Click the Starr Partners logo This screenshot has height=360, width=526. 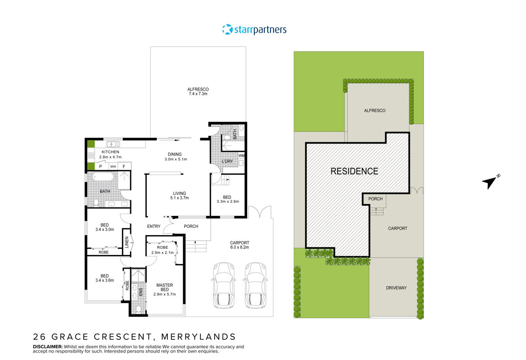click(254, 30)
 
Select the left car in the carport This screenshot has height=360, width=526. click(224, 285)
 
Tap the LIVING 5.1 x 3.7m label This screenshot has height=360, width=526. click(179, 196)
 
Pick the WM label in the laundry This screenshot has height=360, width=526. click(241, 155)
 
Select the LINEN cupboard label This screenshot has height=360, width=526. click(127, 242)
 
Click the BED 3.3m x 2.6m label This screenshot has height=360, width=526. click(227, 199)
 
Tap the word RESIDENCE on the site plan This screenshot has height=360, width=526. click(354, 171)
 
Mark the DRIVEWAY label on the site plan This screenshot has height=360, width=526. click(396, 288)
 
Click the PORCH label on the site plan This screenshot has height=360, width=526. click(375, 199)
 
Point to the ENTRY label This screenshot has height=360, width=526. click(153, 226)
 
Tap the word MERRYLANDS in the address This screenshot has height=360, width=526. click(199, 336)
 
